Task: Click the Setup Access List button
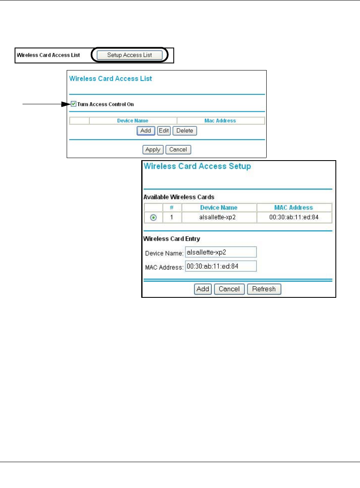click(x=129, y=55)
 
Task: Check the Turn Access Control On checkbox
click(x=74, y=104)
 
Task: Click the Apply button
click(x=153, y=149)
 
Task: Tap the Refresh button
click(x=264, y=289)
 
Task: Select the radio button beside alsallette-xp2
click(x=153, y=217)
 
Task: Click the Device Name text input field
click(x=221, y=252)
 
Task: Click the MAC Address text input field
click(x=221, y=266)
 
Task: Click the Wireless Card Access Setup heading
click(x=197, y=166)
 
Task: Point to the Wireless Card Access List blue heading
click(x=110, y=78)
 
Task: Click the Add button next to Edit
click(x=146, y=131)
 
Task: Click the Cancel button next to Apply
click(x=178, y=149)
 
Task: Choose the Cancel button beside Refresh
click(x=229, y=289)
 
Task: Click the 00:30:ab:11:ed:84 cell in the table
click(x=294, y=217)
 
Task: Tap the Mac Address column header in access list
click(x=220, y=121)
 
